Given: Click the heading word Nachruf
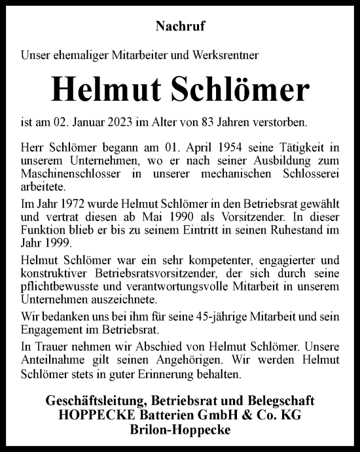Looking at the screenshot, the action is tap(179, 27).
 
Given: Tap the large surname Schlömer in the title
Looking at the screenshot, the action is tap(241, 91).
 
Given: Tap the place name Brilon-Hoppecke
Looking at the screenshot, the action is tap(179, 427).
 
